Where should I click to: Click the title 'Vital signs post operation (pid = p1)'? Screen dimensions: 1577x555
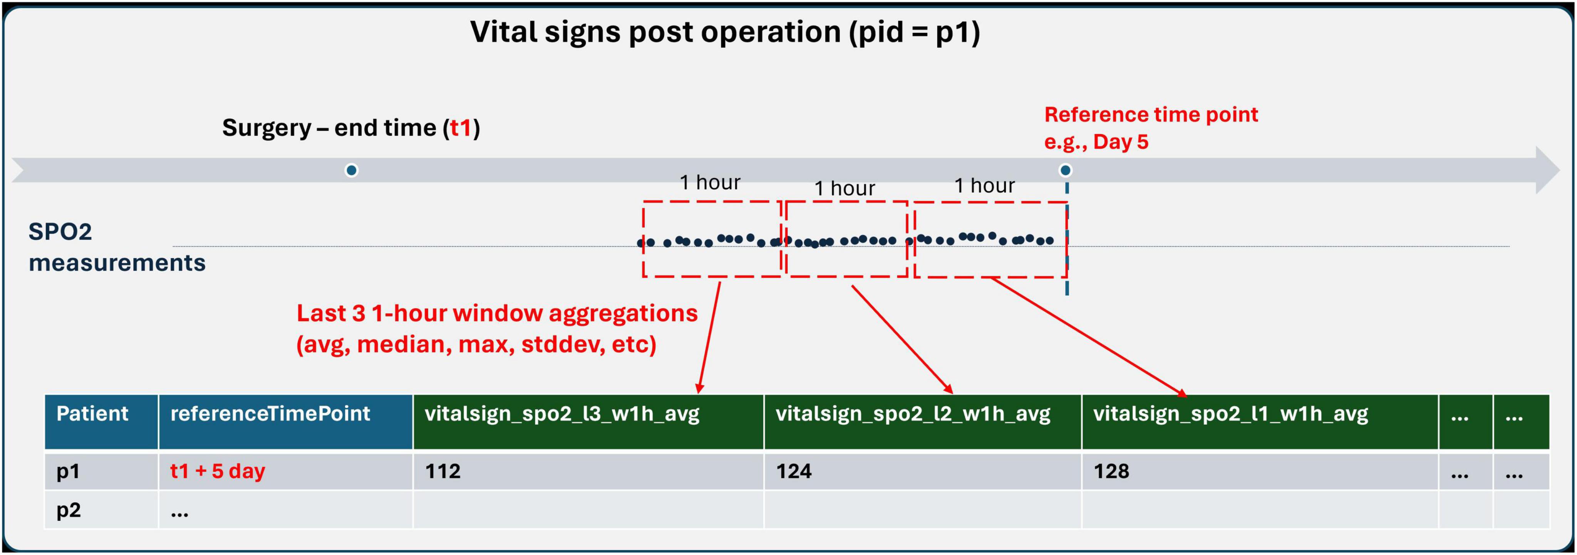click(x=726, y=32)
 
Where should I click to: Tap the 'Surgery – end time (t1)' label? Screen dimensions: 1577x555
click(x=351, y=128)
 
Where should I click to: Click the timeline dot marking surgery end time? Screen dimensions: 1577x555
click(x=351, y=170)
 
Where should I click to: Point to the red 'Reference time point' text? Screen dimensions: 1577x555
click(x=1151, y=114)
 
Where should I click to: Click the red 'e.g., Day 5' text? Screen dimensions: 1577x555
click(x=1096, y=142)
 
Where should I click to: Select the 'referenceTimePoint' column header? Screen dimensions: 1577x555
click(x=286, y=422)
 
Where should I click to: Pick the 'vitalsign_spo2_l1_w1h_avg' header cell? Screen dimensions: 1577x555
click(x=1260, y=422)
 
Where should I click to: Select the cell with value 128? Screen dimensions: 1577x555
click(x=1260, y=471)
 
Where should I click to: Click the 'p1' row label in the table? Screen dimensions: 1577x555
click(x=68, y=471)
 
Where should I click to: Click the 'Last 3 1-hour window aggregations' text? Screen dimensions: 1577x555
click(x=497, y=313)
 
